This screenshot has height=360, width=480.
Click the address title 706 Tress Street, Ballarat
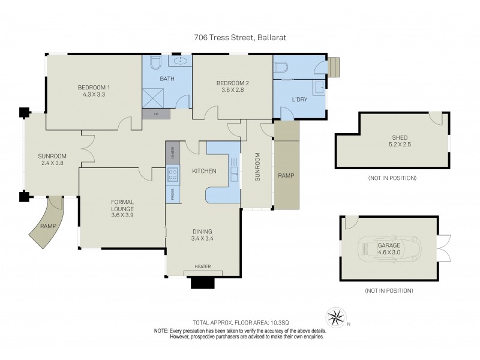point(240,37)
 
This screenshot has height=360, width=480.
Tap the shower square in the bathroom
point(155,94)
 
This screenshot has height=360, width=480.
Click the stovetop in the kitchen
point(172,175)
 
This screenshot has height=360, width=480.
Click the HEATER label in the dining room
point(202,266)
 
